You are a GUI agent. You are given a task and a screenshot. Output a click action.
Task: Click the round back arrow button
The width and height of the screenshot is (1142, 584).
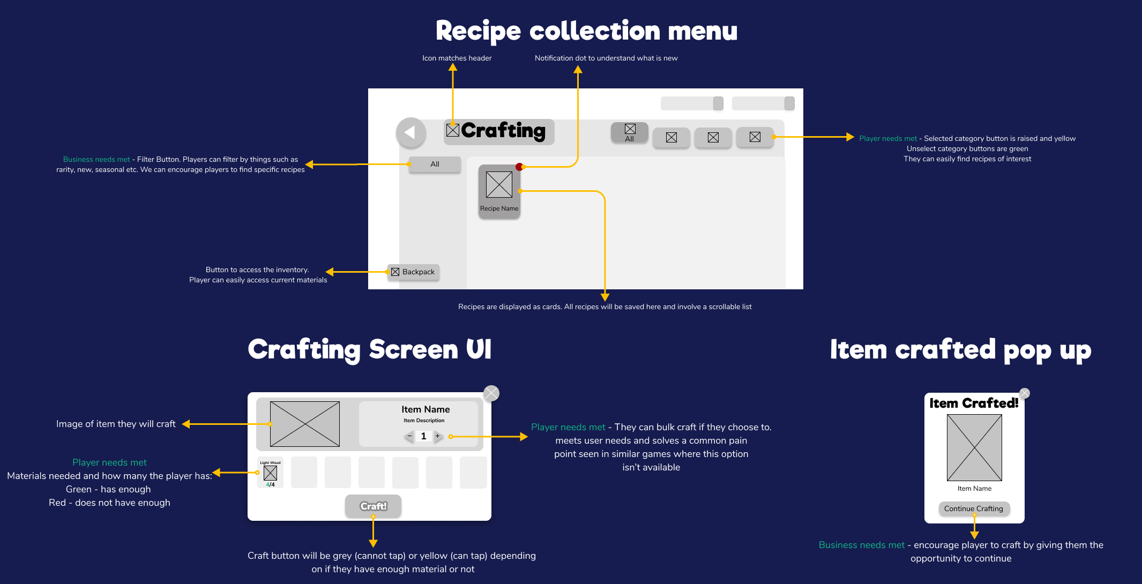click(410, 132)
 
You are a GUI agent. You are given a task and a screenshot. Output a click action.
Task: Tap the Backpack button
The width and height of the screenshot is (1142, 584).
click(413, 272)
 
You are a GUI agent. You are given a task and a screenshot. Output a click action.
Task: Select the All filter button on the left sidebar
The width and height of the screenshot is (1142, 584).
click(434, 164)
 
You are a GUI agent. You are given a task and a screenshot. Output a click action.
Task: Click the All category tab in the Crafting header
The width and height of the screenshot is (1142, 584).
click(630, 132)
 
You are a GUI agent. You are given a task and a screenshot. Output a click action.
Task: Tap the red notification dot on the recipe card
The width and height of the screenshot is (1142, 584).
click(519, 167)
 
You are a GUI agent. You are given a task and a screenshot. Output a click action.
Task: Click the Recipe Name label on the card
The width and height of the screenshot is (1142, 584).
click(499, 208)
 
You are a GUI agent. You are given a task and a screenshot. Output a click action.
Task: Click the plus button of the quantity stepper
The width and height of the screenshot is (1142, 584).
click(438, 436)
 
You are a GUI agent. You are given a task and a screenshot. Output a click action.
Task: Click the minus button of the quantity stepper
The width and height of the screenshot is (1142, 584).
click(409, 436)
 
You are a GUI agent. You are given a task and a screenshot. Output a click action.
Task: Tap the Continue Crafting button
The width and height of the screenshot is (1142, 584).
click(973, 508)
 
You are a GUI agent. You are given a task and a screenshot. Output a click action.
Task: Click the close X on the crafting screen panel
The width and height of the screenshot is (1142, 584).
click(491, 394)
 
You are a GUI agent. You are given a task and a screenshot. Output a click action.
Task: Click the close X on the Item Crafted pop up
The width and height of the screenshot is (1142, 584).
click(1024, 394)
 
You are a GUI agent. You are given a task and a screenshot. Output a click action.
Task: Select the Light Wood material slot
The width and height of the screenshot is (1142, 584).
click(270, 473)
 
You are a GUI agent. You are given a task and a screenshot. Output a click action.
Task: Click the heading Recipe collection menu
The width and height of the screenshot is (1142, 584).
click(586, 31)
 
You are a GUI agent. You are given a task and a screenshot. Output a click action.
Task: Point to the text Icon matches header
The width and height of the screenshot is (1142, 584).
click(457, 58)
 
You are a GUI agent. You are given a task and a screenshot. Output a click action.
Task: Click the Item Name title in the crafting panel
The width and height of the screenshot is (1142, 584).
click(426, 409)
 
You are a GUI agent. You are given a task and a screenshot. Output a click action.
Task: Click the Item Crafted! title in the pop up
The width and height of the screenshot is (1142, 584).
click(973, 403)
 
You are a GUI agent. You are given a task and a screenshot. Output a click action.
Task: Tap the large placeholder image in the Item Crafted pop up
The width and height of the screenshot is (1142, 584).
click(974, 448)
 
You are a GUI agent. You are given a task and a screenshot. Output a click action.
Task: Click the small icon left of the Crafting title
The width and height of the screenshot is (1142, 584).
click(453, 130)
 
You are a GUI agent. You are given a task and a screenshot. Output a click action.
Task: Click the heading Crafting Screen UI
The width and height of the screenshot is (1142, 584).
click(369, 349)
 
